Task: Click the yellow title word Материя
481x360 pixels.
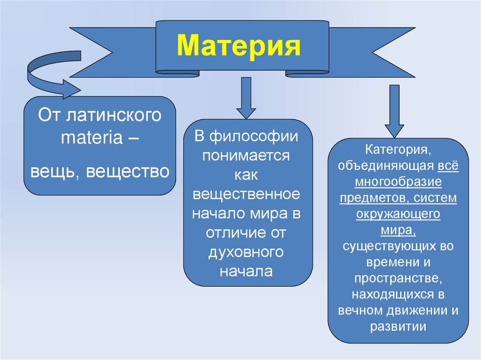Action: [x=239, y=46]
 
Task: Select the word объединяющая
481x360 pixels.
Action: [x=386, y=167]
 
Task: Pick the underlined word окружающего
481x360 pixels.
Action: [x=398, y=214]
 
